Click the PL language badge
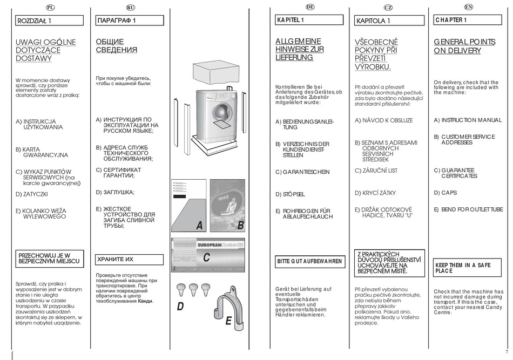(x=50, y=7)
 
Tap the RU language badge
(x=130, y=7)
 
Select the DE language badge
(x=309, y=7)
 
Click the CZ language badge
(x=388, y=7)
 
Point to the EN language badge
(x=468, y=7)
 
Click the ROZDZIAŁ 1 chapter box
(x=50, y=21)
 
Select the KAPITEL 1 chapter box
(x=309, y=20)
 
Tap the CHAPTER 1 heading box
(x=468, y=20)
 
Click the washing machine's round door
(x=222, y=110)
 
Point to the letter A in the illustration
(x=199, y=226)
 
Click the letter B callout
(x=241, y=226)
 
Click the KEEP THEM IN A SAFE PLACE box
(x=468, y=268)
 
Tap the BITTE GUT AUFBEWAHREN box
(x=309, y=261)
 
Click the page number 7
(x=507, y=352)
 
